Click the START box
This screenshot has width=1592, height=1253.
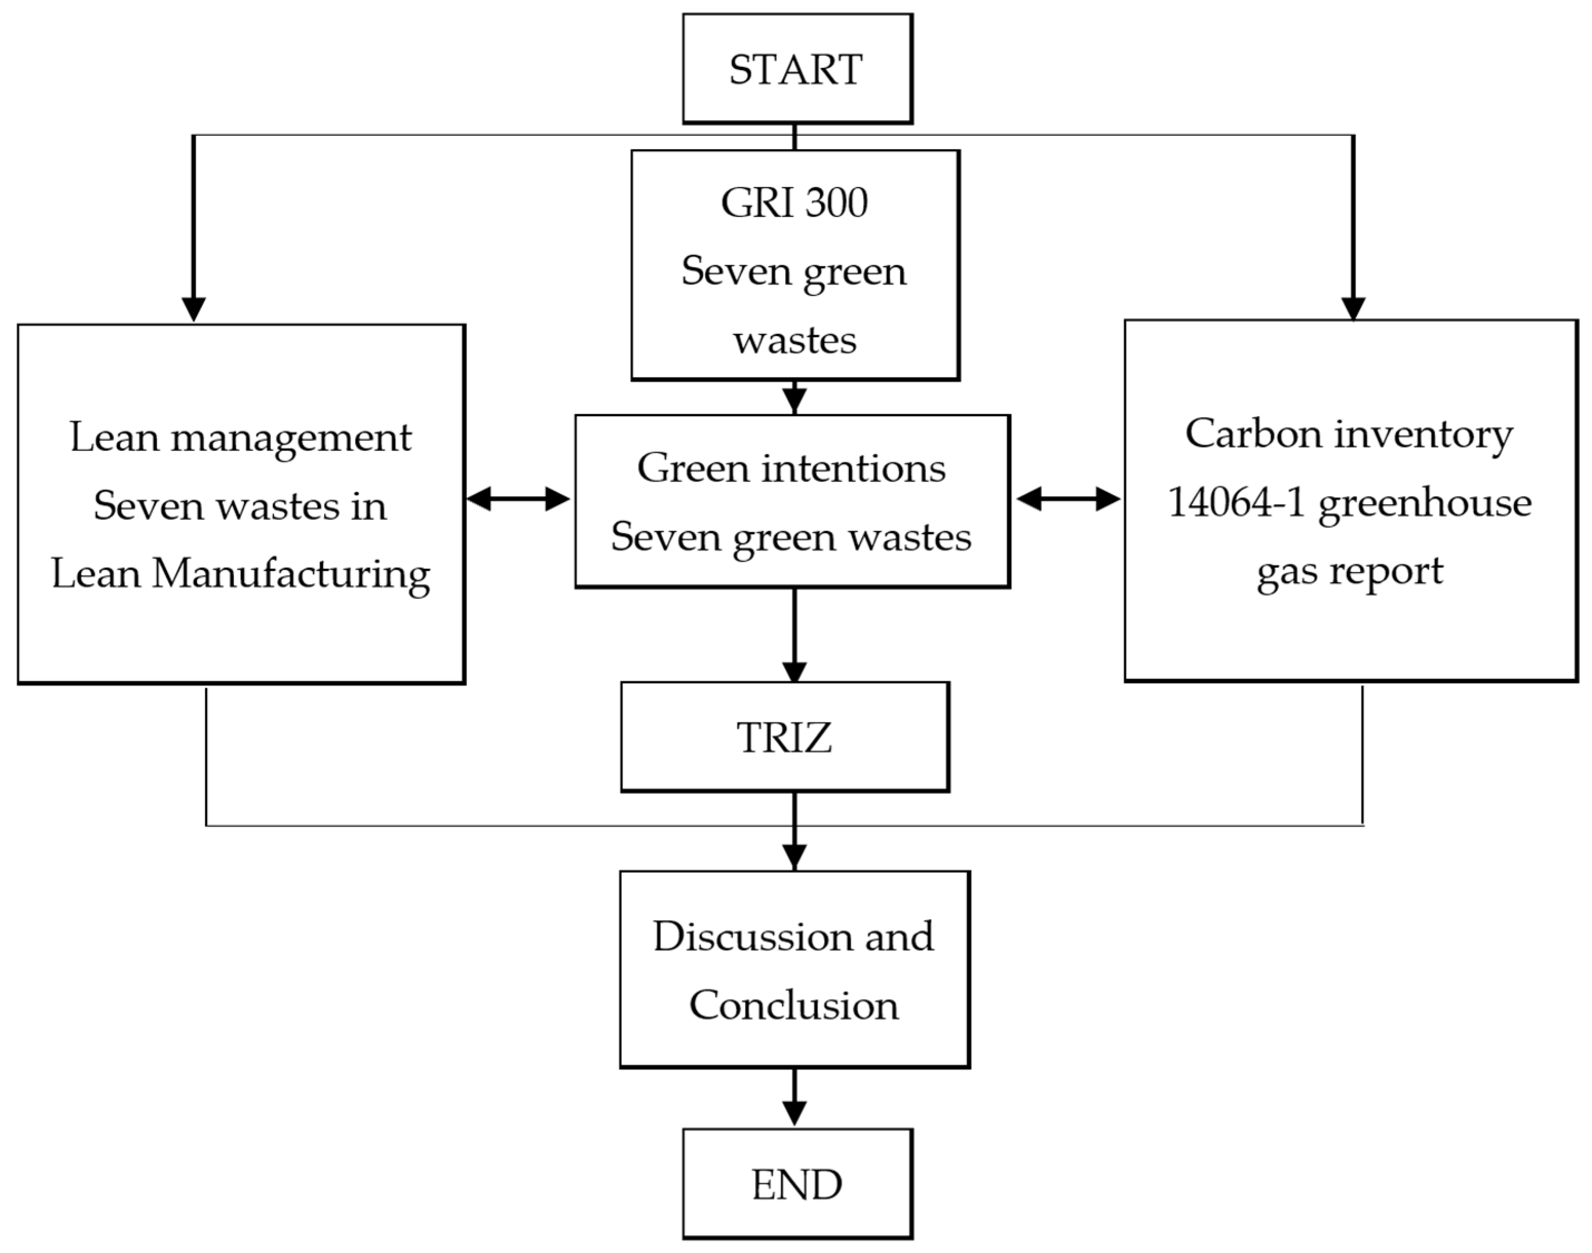797,69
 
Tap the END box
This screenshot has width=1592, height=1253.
797,1184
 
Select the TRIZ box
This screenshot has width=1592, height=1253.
785,737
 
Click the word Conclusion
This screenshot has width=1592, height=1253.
793,1004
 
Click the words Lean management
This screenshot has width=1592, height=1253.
240,437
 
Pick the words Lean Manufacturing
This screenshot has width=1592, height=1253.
240,573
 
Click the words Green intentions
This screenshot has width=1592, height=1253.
791,467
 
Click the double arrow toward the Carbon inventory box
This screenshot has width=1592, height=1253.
1068,499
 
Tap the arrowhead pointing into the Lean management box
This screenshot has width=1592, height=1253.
194,308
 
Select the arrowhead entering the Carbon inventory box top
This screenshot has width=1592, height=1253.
1353,308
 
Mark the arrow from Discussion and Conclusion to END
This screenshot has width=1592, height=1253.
794,1097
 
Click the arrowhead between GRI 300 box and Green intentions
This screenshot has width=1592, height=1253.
794,400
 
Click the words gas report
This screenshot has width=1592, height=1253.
1349,571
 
